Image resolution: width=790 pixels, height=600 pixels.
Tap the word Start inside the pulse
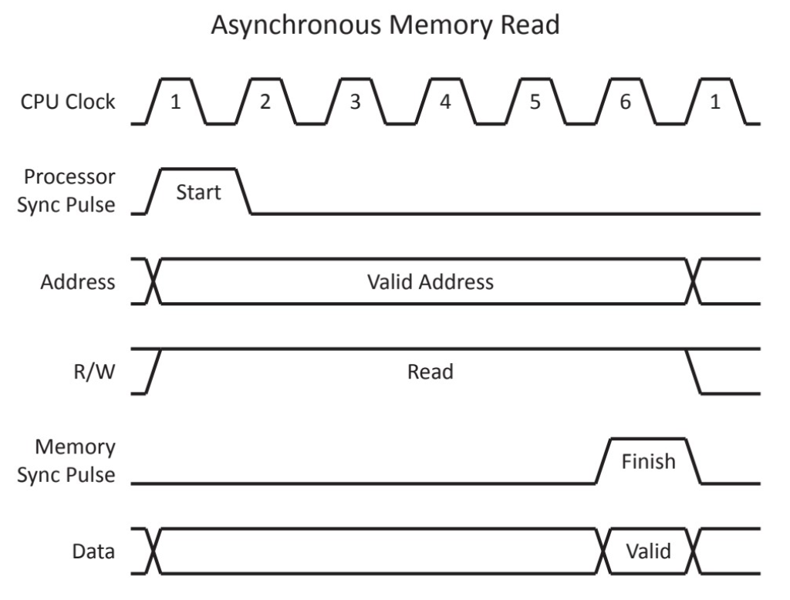[197, 192]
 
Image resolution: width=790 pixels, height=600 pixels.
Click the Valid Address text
[429, 281]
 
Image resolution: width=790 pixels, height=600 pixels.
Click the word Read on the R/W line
[430, 372]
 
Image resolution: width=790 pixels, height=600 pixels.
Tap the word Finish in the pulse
[648, 461]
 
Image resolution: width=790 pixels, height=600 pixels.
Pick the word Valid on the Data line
[648, 551]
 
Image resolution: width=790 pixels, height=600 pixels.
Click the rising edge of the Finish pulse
[603, 461]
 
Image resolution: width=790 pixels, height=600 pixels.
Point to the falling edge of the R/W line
[694, 372]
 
